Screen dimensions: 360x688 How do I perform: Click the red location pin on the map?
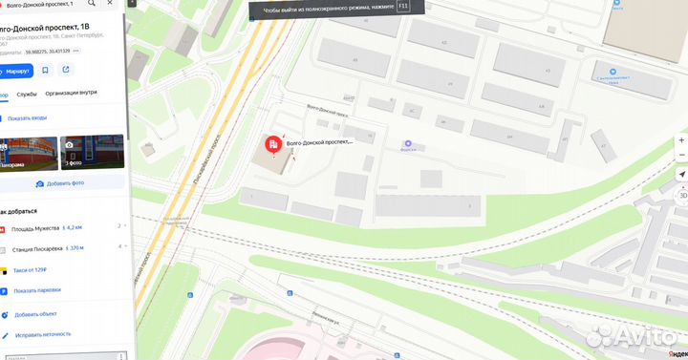coord(272,145)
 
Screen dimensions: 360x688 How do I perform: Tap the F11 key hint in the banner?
coord(402,6)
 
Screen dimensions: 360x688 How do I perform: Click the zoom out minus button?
coord(682,156)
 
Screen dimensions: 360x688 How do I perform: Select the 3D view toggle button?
coord(682,194)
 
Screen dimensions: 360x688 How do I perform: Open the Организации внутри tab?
coord(71,94)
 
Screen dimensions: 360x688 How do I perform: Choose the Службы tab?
coord(27,94)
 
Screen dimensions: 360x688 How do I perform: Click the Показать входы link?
coord(26,118)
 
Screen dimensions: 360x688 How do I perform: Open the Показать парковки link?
coord(37,290)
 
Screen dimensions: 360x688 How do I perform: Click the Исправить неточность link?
coord(42,335)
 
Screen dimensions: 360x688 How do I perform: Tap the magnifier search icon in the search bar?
coord(92,4)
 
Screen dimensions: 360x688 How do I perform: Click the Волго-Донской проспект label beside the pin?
coord(320,141)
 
